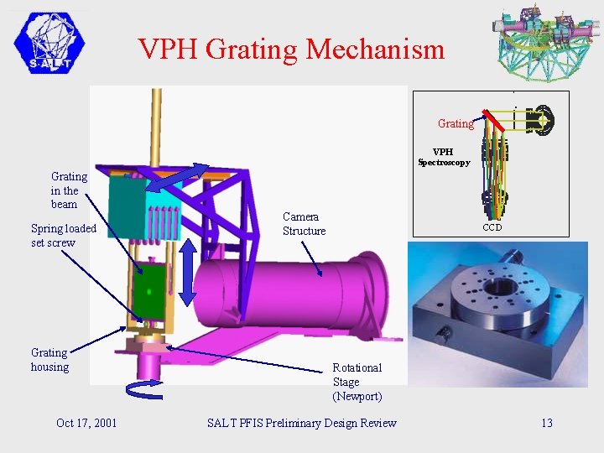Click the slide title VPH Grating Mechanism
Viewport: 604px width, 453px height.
291,49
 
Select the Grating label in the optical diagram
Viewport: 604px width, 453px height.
456,123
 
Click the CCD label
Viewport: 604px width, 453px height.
492,227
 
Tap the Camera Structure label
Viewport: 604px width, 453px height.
304,224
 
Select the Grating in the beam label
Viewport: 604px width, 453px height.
68,190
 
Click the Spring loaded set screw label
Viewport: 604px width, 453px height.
63,236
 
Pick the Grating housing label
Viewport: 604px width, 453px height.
49,360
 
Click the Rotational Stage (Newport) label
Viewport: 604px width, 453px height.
357,382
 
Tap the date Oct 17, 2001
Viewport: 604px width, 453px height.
86,423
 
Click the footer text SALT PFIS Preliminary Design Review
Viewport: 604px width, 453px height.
301,423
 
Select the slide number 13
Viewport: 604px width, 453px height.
546,423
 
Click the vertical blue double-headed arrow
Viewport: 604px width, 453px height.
187,272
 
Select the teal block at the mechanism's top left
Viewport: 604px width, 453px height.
127,206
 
